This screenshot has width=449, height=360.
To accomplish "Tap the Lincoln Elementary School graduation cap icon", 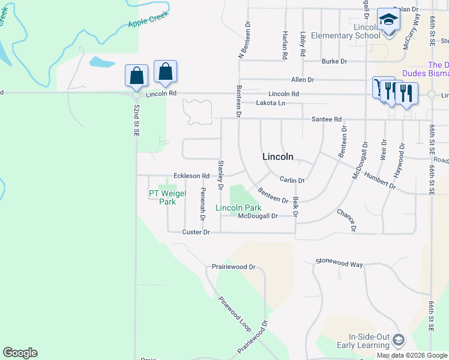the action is point(388,20).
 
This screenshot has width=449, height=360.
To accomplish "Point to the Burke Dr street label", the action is point(334,61).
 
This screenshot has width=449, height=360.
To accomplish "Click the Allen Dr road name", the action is point(303,79).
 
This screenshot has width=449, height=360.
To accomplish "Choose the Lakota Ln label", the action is point(270,103).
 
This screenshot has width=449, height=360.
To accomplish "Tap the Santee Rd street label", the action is point(326,119).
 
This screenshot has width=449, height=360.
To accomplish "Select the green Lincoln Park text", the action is point(238,208).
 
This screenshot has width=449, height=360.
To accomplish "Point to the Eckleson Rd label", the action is point(191,176).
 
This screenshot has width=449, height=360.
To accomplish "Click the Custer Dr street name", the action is point(196,232).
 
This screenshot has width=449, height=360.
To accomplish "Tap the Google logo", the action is point(20,353).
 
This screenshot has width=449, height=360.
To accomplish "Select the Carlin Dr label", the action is point(292,180).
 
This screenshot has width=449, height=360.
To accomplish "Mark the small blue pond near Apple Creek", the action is point(101,62).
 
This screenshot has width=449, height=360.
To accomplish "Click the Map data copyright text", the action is point(412,355).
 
